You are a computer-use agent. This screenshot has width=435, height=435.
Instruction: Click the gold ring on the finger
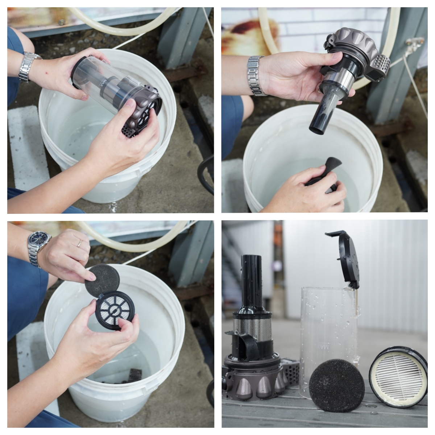click(80, 243)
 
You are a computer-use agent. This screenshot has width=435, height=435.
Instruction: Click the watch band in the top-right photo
click(256, 76)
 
